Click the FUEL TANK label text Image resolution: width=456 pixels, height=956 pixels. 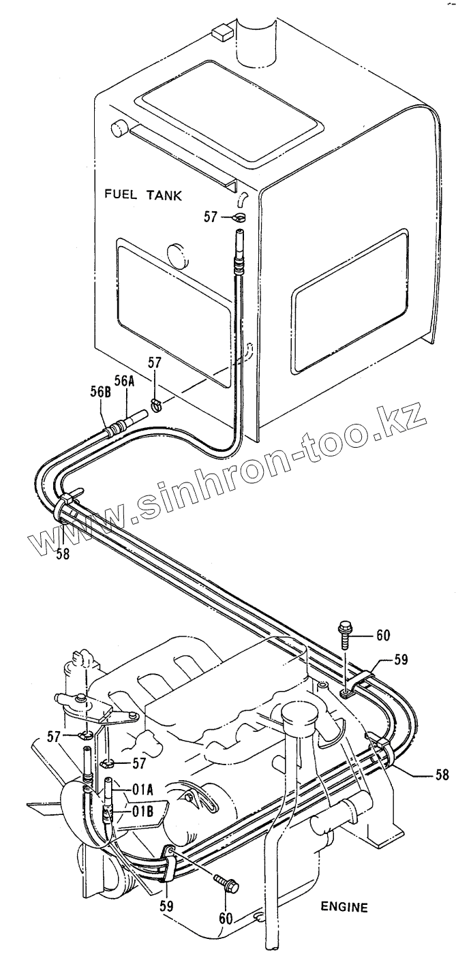[143, 195]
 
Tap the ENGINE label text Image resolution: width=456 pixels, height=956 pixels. [344, 907]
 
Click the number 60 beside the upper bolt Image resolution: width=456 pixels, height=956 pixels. [382, 635]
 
